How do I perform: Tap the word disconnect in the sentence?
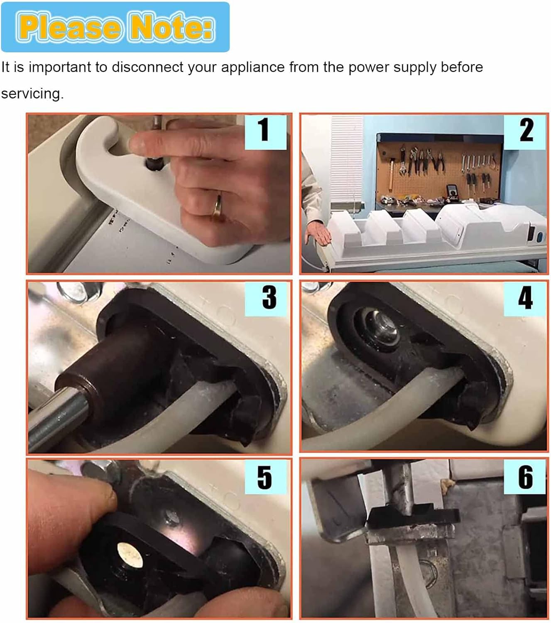point(147,67)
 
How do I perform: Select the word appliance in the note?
point(253,68)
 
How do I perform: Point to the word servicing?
point(32,94)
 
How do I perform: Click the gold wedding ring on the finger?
point(218,206)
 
